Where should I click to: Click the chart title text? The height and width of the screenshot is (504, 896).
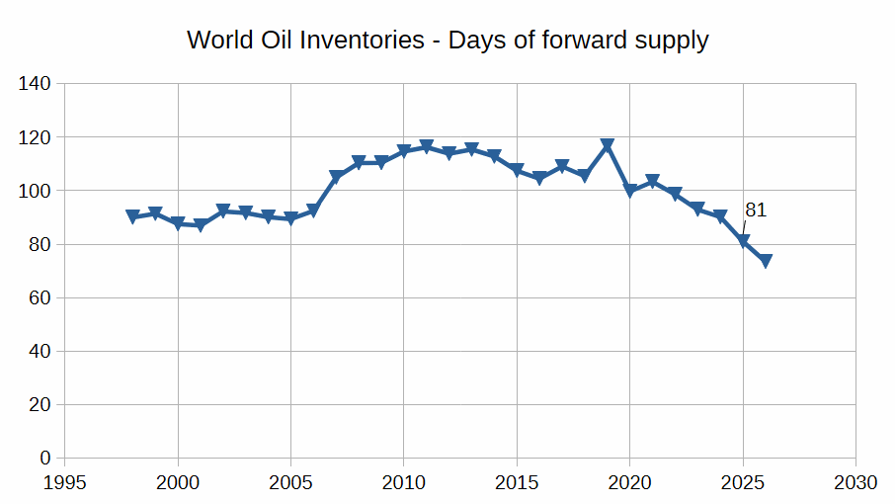(x=448, y=41)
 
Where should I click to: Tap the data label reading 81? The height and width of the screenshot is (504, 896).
(x=756, y=210)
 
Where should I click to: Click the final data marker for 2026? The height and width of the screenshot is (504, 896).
(x=766, y=261)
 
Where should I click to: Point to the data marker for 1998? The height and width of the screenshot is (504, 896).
(x=133, y=217)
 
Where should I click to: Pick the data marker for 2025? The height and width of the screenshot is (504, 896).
(x=743, y=241)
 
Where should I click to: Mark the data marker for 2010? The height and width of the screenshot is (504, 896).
(x=404, y=152)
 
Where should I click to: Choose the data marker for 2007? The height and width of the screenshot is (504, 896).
(x=336, y=178)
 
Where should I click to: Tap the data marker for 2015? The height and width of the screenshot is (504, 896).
(x=517, y=171)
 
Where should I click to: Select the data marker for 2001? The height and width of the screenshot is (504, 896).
(x=201, y=225)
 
